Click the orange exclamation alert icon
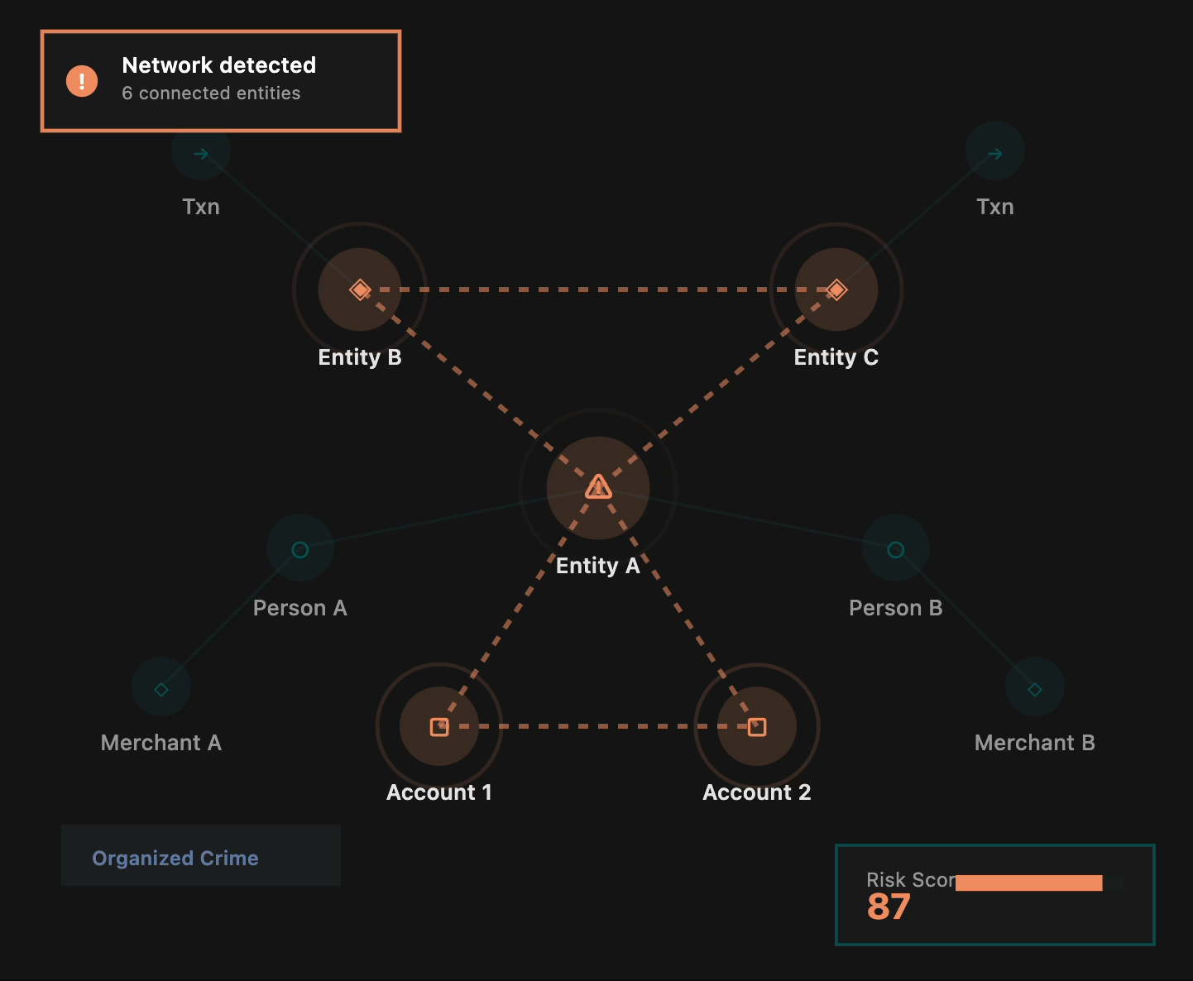pyautogui.click(x=82, y=81)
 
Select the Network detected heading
pyautogui.click(x=218, y=65)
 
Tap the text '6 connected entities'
pyautogui.click(x=211, y=93)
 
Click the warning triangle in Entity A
pyautogui.click(x=598, y=487)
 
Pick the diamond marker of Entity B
pyautogui.click(x=360, y=290)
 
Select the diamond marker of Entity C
pyautogui.click(x=836, y=290)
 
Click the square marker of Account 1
pyautogui.click(x=439, y=726)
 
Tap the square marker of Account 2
pyautogui.click(x=757, y=726)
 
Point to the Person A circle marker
pyautogui.click(x=300, y=549)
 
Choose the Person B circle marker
pyautogui.click(x=895, y=549)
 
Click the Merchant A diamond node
pyautogui.click(x=161, y=688)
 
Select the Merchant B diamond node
pyautogui.click(x=1034, y=688)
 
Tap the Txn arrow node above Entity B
pyautogui.click(x=201, y=153)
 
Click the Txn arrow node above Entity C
pyautogui.click(x=995, y=153)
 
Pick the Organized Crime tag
pyautogui.click(x=175, y=858)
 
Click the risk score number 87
pyautogui.click(x=889, y=907)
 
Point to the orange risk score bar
pyautogui.click(x=1028, y=883)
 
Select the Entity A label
pyautogui.click(x=597, y=566)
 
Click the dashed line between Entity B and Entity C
pyautogui.click(x=598, y=290)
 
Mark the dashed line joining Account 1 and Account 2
pyautogui.click(x=598, y=726)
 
